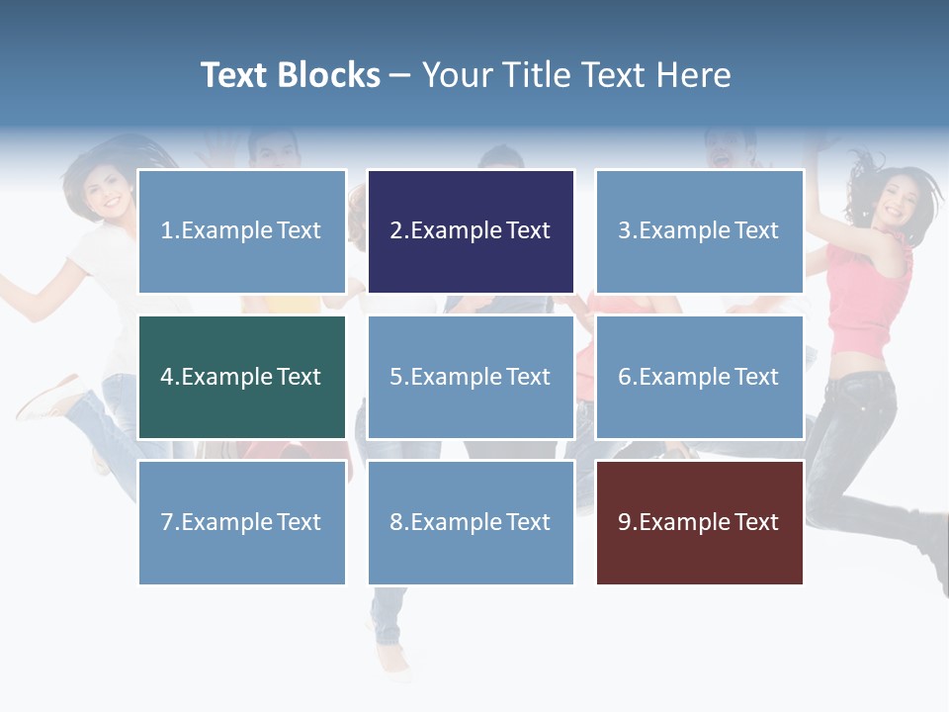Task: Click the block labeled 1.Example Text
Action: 241,231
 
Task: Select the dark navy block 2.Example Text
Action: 471,231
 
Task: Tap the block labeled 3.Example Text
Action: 699,231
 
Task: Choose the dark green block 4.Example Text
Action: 241,377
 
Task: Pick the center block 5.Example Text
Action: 471,377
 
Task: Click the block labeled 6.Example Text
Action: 699,377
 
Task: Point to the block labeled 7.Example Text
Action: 241,522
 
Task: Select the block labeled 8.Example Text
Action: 471,522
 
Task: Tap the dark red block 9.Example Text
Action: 699,522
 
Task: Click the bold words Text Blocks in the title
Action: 290,75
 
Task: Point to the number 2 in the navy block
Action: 395,231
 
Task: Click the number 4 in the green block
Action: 167,377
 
